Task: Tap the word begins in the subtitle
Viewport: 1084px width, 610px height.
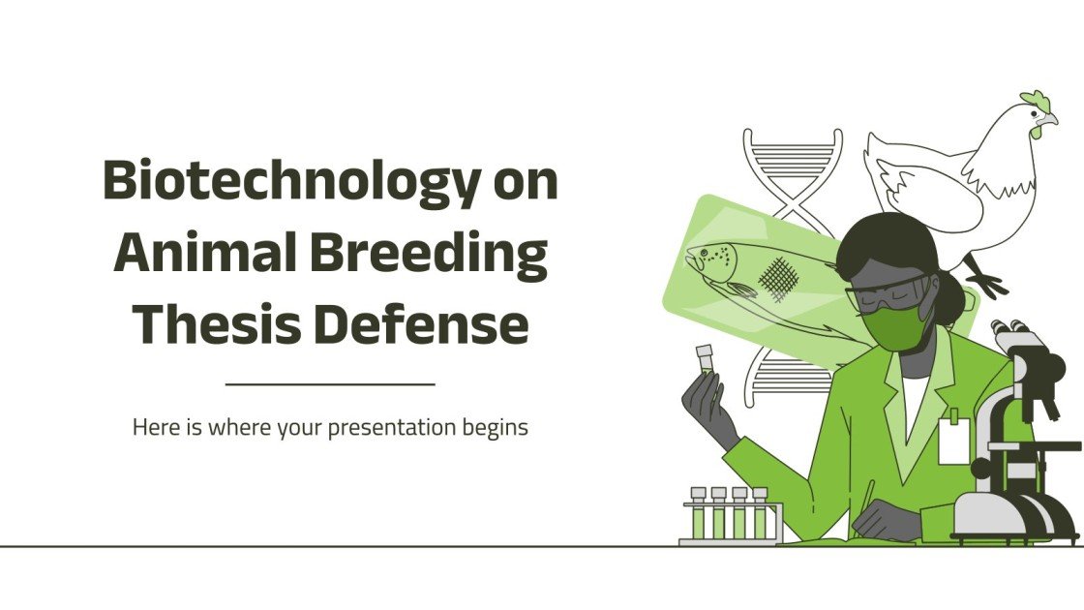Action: point(497,427)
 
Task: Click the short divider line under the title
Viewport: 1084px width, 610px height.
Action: point(330,384)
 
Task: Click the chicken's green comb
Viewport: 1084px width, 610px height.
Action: point(1035,101)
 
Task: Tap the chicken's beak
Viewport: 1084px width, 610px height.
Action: point(1052,120)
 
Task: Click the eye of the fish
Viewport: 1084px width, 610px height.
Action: point(704,256)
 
